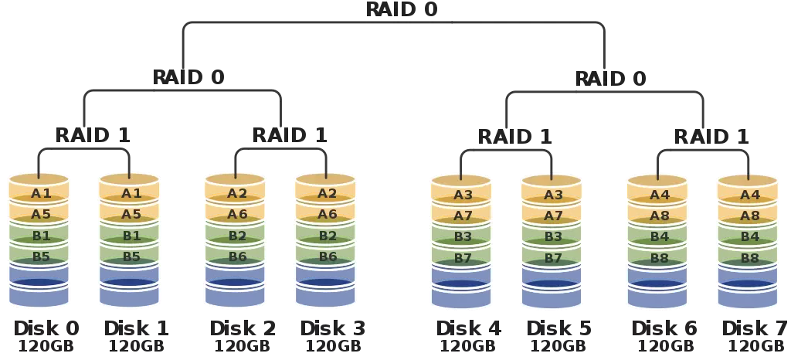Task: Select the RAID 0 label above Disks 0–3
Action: coord(188,77)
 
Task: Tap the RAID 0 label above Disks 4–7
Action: coord(611,78)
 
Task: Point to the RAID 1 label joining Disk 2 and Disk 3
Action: coord(290,134)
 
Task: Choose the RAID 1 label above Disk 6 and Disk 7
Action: coord(711,137)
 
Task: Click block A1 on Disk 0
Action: coord(39,193)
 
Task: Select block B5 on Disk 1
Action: coord(130,256)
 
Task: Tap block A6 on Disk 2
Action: coord(236,215)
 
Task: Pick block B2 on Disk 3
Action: coord(327,236)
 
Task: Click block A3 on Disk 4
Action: coord(462,195)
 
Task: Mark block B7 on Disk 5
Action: coord(552,258)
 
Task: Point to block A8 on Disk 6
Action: coord(657,216)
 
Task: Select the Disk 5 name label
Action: coord(559,328)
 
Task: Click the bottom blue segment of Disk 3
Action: coord(326,294)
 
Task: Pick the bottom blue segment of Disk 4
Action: coord(461,295)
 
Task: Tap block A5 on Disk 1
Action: coord(130,215)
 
